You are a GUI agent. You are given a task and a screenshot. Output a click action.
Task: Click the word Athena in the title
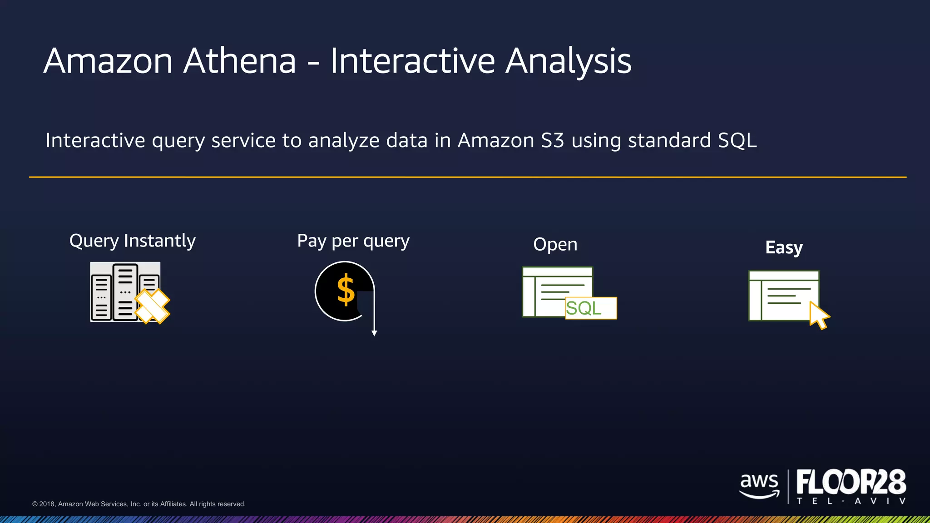(239, 61)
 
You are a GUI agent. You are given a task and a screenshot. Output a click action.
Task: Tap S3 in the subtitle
(552, 140)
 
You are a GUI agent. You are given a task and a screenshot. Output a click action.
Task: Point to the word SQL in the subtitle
(737, 140)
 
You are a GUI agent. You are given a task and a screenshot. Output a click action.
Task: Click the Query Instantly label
(132, 241)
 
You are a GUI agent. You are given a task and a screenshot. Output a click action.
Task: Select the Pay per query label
(353, 241)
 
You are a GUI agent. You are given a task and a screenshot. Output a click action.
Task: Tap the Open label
(555, 245)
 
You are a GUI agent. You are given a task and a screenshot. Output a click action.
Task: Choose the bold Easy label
(784, 247)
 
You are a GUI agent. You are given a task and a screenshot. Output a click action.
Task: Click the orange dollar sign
(346, 290)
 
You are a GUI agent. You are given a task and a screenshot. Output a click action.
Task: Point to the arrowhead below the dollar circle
(374, 333)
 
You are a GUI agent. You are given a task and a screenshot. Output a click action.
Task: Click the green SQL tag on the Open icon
(590, 308)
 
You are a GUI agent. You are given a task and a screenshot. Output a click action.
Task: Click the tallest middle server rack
(125, 291)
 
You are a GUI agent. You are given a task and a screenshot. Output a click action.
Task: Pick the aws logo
(759, 485)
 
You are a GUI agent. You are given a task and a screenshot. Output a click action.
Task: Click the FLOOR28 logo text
(851, 482)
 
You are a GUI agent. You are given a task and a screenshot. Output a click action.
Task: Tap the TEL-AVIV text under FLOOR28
(851, 501)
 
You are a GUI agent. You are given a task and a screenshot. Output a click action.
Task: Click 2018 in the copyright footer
(47, 504)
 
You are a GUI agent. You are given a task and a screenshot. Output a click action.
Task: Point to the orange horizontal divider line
(468, 177)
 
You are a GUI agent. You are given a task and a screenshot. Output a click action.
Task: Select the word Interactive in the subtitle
(95, 140)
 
